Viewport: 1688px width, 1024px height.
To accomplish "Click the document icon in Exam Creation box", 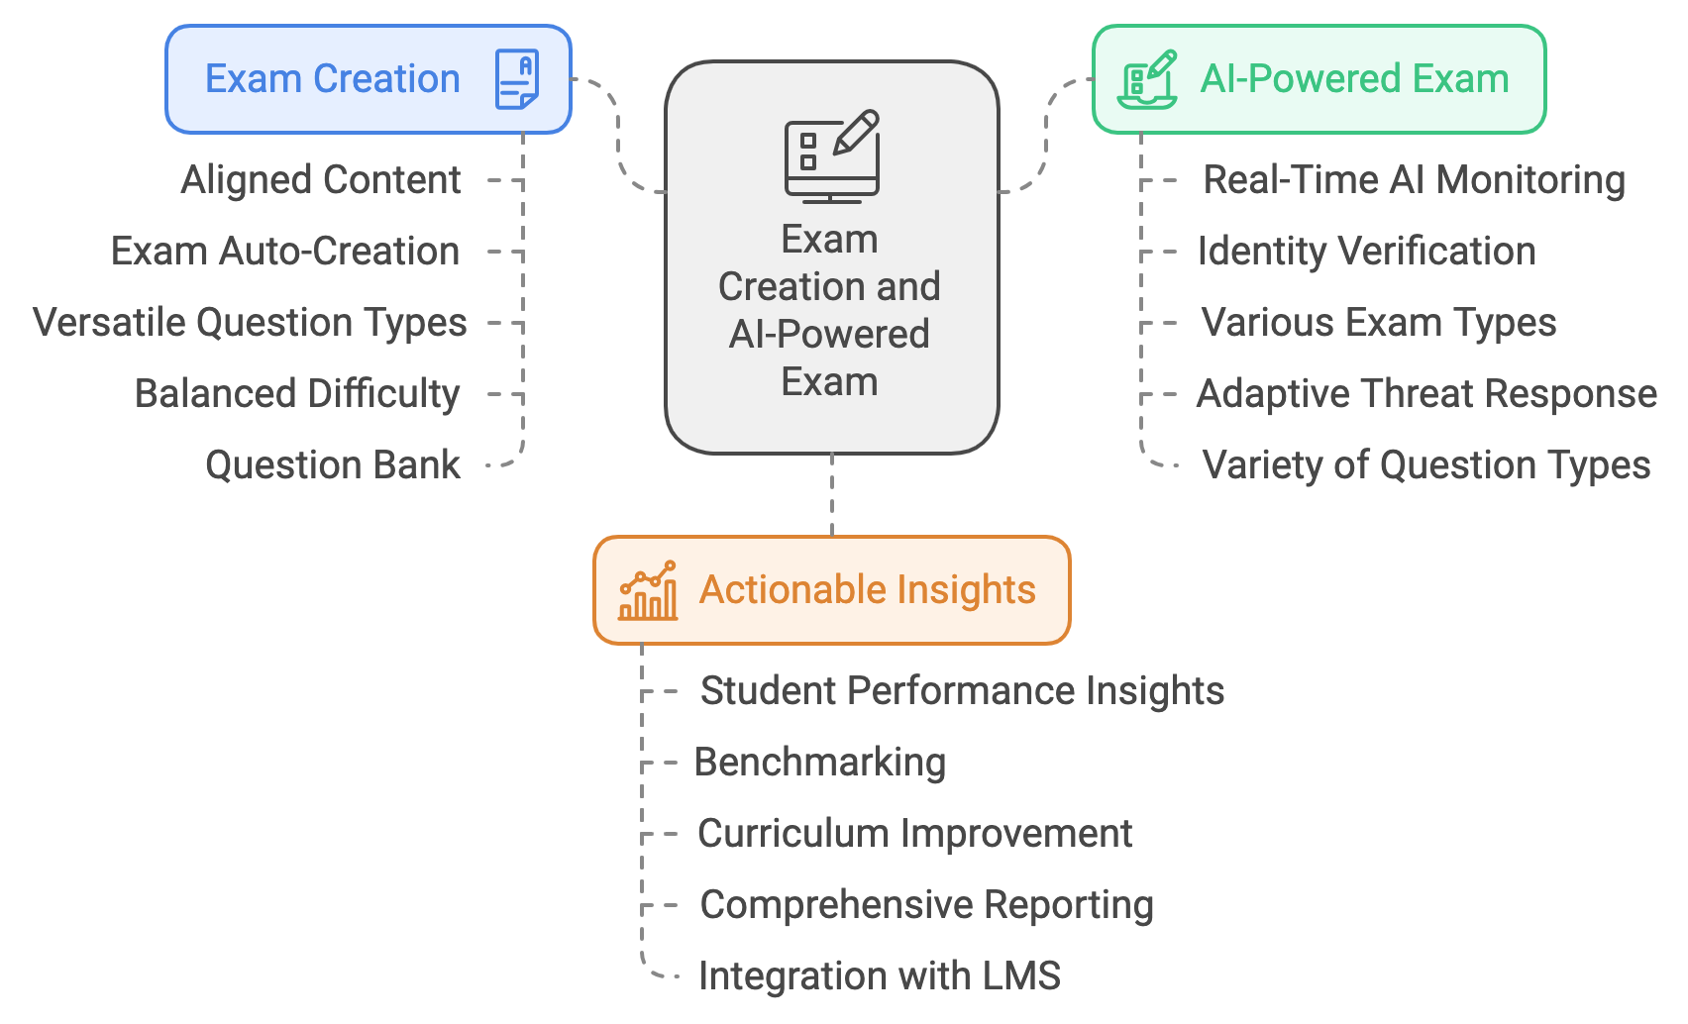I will pos(517,79).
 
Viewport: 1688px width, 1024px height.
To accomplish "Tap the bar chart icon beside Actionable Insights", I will pos(648,590).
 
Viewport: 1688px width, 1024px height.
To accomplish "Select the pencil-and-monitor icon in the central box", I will pos(832,155).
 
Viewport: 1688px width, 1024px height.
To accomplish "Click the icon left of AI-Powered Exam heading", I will pos(1147,79).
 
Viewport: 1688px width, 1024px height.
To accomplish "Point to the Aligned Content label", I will pos(321,180).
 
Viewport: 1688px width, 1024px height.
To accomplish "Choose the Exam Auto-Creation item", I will pos(285,252).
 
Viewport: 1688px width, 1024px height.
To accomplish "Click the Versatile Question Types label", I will pos(250,323).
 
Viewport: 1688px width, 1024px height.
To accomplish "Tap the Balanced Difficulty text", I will pos(297,394).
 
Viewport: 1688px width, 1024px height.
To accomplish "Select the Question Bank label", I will pos(333,465).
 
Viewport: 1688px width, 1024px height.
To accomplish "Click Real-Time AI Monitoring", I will pos(1414,180).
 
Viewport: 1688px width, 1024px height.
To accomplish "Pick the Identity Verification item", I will pos(1367,252).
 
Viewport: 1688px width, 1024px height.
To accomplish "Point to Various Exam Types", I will pos(1379,323).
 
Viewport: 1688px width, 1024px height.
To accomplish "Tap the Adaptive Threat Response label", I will pos(1426,394).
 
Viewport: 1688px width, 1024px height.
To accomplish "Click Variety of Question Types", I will pos(1426,465).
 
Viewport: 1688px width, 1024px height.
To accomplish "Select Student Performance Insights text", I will pos(962,691).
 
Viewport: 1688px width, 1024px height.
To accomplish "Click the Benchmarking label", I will pos(820,763).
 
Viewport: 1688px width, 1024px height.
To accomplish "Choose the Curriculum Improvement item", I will pos(915,834).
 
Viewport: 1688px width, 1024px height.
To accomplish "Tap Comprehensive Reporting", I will pos(927,905).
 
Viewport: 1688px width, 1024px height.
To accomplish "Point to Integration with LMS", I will pos(880,976).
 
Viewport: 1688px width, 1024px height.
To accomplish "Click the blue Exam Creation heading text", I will pos(333,79).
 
